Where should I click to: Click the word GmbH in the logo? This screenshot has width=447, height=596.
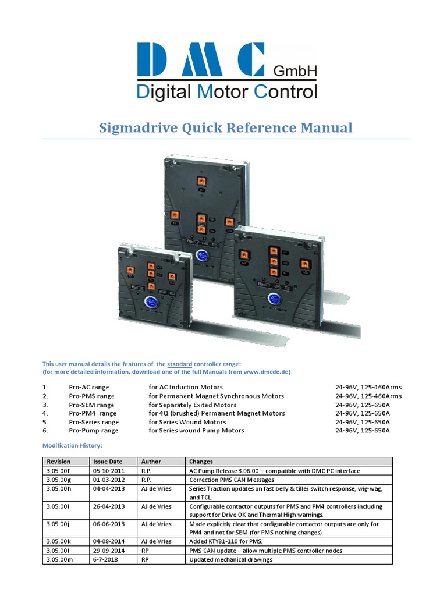(295, 70)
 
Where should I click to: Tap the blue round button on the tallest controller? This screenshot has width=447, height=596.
(202, 255)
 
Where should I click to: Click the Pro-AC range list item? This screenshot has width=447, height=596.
(88, 387)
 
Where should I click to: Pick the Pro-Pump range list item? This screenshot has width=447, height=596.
(93, 431)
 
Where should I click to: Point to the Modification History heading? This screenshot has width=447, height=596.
(72, 445)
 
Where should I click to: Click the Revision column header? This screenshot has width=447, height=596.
(58, 462)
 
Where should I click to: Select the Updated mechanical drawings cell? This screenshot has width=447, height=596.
(231, 560)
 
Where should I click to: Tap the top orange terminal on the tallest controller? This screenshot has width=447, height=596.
(201, 181)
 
